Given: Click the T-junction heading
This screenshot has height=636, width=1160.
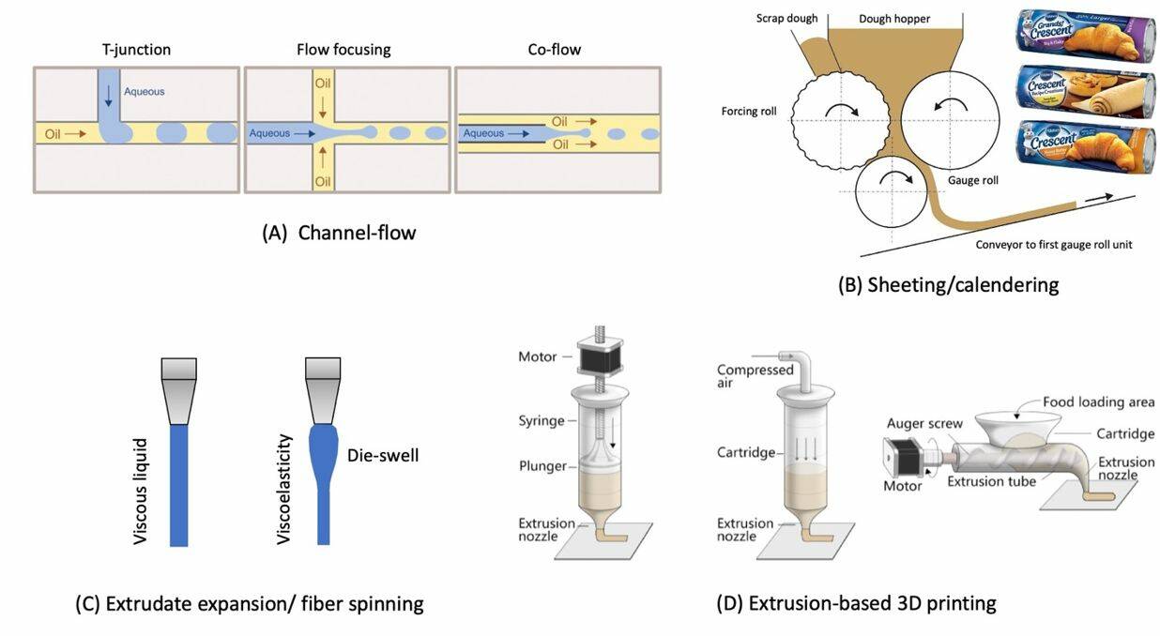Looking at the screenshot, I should tap(136, 50).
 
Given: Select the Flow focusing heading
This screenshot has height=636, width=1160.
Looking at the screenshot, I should tap(343, 50).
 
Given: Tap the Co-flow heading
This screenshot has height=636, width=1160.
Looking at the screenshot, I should tap(554, 50).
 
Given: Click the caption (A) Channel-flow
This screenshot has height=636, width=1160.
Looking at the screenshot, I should tap(339, 233).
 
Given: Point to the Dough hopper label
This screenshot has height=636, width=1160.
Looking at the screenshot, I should tap(893, 18).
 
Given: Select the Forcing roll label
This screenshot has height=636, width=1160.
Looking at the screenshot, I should tap(750, 111).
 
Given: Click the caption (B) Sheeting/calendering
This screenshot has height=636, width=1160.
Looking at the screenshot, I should tap(948, 284).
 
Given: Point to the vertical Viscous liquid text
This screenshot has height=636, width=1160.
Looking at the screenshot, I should tap(141, 490).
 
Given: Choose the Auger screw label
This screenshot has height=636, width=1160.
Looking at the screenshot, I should tap(924, 424).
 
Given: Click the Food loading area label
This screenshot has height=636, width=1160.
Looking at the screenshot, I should tap(1098, 402).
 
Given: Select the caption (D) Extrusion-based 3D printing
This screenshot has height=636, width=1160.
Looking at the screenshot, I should tap(856, 603).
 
